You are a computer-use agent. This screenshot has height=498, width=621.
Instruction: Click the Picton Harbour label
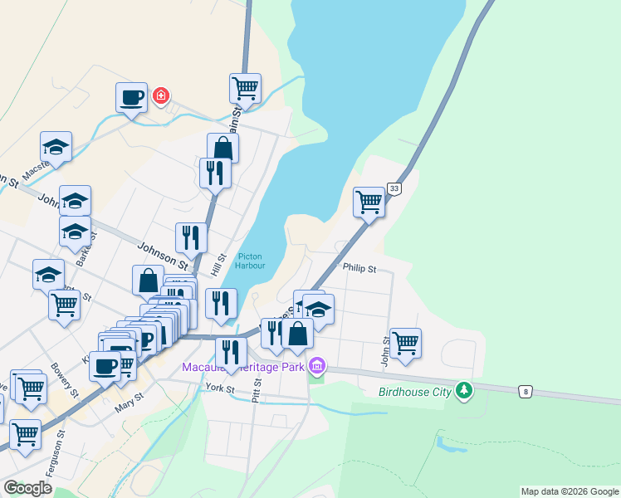coord(251,261)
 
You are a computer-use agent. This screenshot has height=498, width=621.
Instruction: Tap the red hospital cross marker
coord(160,96)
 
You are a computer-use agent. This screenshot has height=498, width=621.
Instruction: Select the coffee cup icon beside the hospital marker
coord(131,98)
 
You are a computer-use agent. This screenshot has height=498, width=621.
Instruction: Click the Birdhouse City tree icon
coord(464,389)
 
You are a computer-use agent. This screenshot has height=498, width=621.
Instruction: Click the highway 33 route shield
coord(394,189)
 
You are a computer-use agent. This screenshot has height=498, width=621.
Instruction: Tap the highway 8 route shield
coord(525,390)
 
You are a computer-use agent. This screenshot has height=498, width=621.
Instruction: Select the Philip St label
coord(360,269)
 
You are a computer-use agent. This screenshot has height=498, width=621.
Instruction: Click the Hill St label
coord(218,266)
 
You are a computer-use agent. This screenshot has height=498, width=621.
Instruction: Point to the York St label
coord(221,388)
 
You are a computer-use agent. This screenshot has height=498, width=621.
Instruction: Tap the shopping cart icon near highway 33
coord(369,200)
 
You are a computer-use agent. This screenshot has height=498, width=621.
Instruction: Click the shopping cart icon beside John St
coord(405,342)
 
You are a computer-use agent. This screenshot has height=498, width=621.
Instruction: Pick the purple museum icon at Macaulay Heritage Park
coord(316,365)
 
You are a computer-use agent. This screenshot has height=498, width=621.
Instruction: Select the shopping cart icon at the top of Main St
coord(245,86)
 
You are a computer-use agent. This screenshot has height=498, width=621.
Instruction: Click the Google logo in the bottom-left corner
coord(28,488)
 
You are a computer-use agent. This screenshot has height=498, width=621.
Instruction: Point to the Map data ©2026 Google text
coord(570,491)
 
